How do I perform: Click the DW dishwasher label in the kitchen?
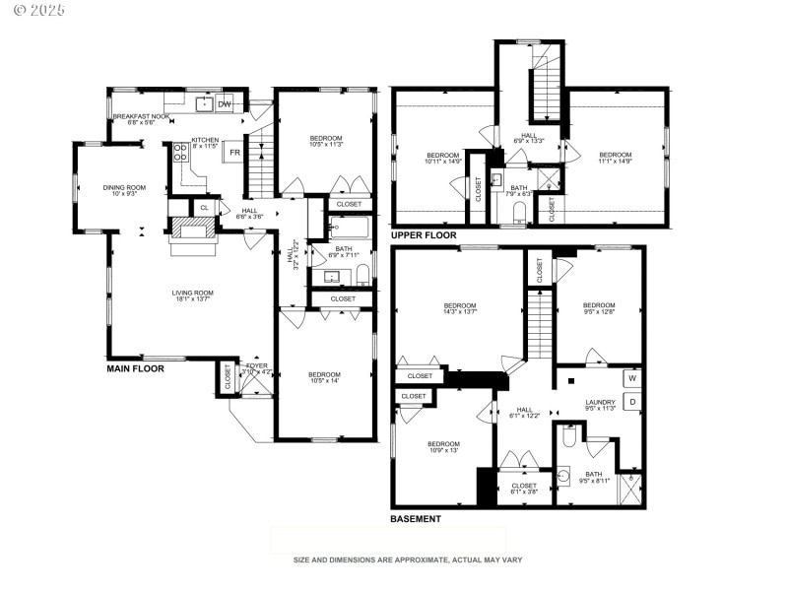(x=225, y=103)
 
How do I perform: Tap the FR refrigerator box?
(x=234, y=153)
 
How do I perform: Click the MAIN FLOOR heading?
(x=135, y=368)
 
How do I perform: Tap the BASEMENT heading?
(x=416, y=519)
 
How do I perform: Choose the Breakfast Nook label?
(x=141, y=119)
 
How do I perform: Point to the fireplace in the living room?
(x=192, y=230)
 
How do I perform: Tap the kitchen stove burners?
(x=181, y=153)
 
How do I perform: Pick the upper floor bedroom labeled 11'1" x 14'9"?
(x=615, y=159)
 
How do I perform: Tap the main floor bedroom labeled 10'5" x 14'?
(x=324, y=378)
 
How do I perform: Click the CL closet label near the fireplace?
(x=204, y=208)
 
